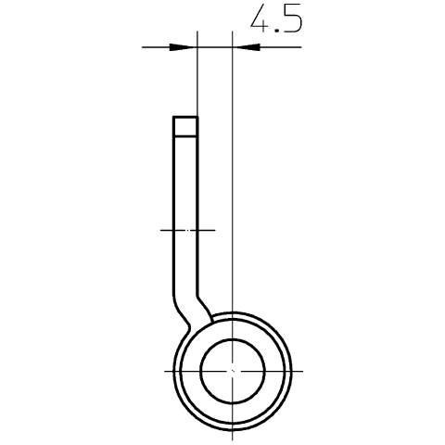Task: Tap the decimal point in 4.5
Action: tap(276, 31)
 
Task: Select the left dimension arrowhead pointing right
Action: tap(183, 47)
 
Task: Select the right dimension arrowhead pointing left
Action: tap(247, 47)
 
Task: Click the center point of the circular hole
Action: tap(233, 371)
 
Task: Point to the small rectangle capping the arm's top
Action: tap(185, 126)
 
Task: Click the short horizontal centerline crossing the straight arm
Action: tap(188, 230)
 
